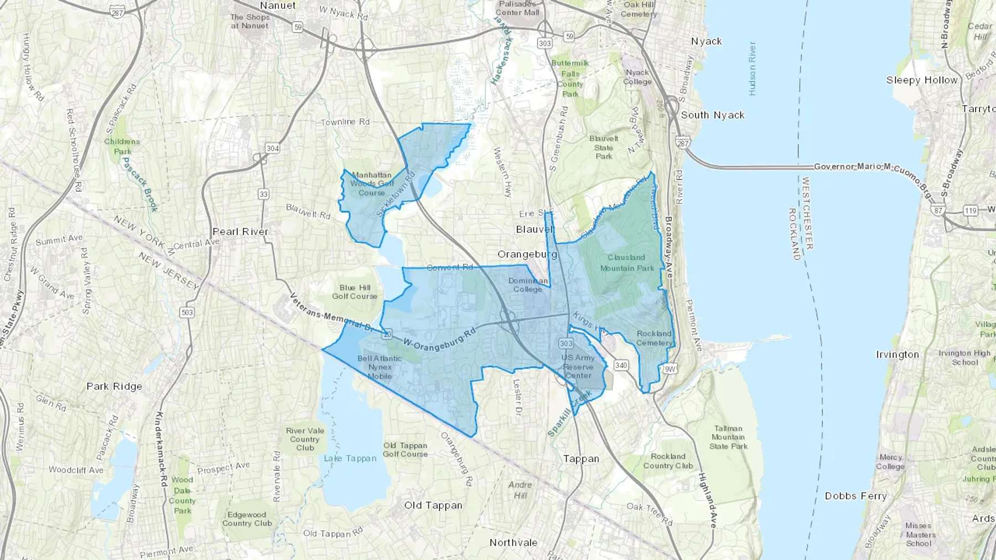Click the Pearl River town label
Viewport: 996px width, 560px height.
pyautogui.click(x=241, y=232)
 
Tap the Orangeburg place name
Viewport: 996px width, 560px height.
pyautogui.click(x=527, y=254)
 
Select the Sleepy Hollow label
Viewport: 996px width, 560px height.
pyautogui.click(x=922, y=80)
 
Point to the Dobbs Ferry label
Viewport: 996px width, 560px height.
pyautogui.click(x=855, y=496)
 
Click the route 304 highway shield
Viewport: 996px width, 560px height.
pyautogui.click(x=272, y=148)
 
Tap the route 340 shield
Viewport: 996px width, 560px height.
pyautogui.click(x=621, y=365)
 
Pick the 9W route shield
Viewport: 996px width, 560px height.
pyautogui.click(x=670, y=369)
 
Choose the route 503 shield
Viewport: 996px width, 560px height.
pyautogui.click(x=187, y=312)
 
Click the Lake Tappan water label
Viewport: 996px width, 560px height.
pyautogui.click(x=350, y=458)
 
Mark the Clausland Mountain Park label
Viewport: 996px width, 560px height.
pyautogui.click(x=627, y=263)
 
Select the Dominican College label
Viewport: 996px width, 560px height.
pyautogui.click(x=527, y=285)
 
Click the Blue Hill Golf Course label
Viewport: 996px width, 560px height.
pyautogui.click(x=355, y=292)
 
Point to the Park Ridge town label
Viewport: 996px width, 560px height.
pyautogui.click(x=114, y=386)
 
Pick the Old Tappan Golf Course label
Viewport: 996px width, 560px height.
pyautogui.click(x=405, y=449)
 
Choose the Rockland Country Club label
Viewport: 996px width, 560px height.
pyautogui.click(x=668, y=461)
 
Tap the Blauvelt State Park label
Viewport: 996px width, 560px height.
pyautogui.click(x=604, y=147)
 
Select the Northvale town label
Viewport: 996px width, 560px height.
pyautogui.click(x=513, y=542)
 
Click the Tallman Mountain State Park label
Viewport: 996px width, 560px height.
pyautogui.click(x=728, y=437)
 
